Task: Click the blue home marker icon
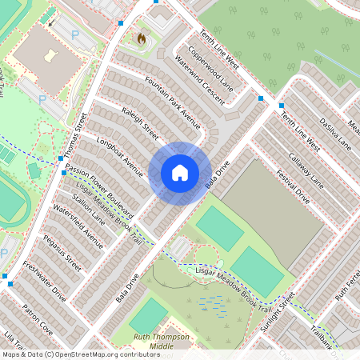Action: pos(180,172)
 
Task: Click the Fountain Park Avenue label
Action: pos(172,102)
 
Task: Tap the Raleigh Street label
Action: pos(140,121)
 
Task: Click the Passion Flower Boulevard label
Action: pos(99,192)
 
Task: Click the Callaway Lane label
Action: pos(304,167)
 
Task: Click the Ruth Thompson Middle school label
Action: pos(162,342)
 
